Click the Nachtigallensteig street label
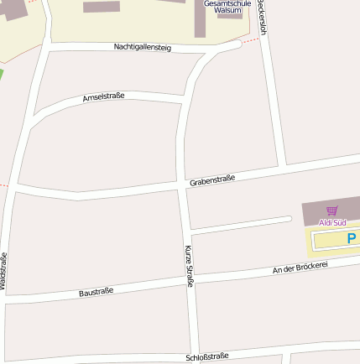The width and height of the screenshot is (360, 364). [x=143, y=48]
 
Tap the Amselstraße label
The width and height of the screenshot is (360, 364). [x=103, y=97]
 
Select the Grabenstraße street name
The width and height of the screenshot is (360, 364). [x=212, y=179]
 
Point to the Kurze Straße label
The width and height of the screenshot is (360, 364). [x=189, y=266]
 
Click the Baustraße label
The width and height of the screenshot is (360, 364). [x=96, y=292]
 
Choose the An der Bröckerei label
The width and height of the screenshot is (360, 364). [x=300, y=268]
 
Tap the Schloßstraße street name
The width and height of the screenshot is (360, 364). [x=207, y=356]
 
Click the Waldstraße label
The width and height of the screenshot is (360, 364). [x=4, y=270]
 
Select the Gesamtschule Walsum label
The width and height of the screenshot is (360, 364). [x=227, y=7]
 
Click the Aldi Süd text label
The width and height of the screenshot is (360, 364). [x=332, y=222]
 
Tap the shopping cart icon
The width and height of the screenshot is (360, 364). [x=332, y=211]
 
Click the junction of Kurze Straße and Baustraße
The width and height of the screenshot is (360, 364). [x=190, y=280]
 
